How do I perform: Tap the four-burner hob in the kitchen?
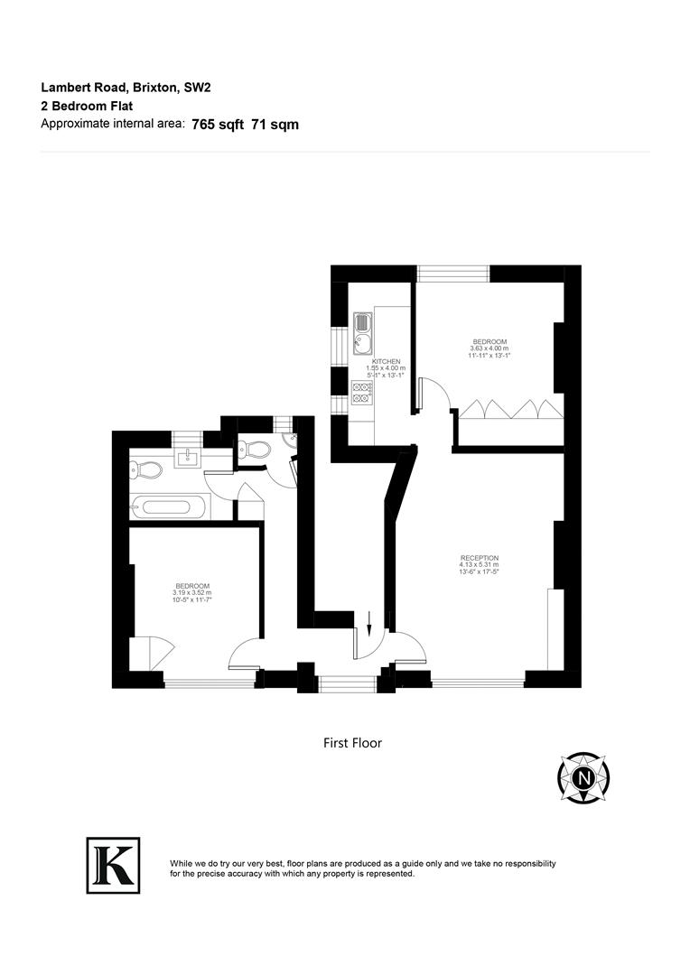363,391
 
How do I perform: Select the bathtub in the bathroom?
172,506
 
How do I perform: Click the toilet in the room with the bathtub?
146,469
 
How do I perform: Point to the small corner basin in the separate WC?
288,440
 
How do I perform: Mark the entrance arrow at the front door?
370,621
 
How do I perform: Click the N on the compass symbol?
584,776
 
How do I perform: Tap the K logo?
113,865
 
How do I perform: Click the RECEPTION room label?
479,558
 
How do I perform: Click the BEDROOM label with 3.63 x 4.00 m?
489,341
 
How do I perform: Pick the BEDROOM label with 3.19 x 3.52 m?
192,586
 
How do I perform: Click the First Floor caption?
352,743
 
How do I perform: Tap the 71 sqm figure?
275,125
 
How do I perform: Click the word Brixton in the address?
158,88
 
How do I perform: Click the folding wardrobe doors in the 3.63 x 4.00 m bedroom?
510,410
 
